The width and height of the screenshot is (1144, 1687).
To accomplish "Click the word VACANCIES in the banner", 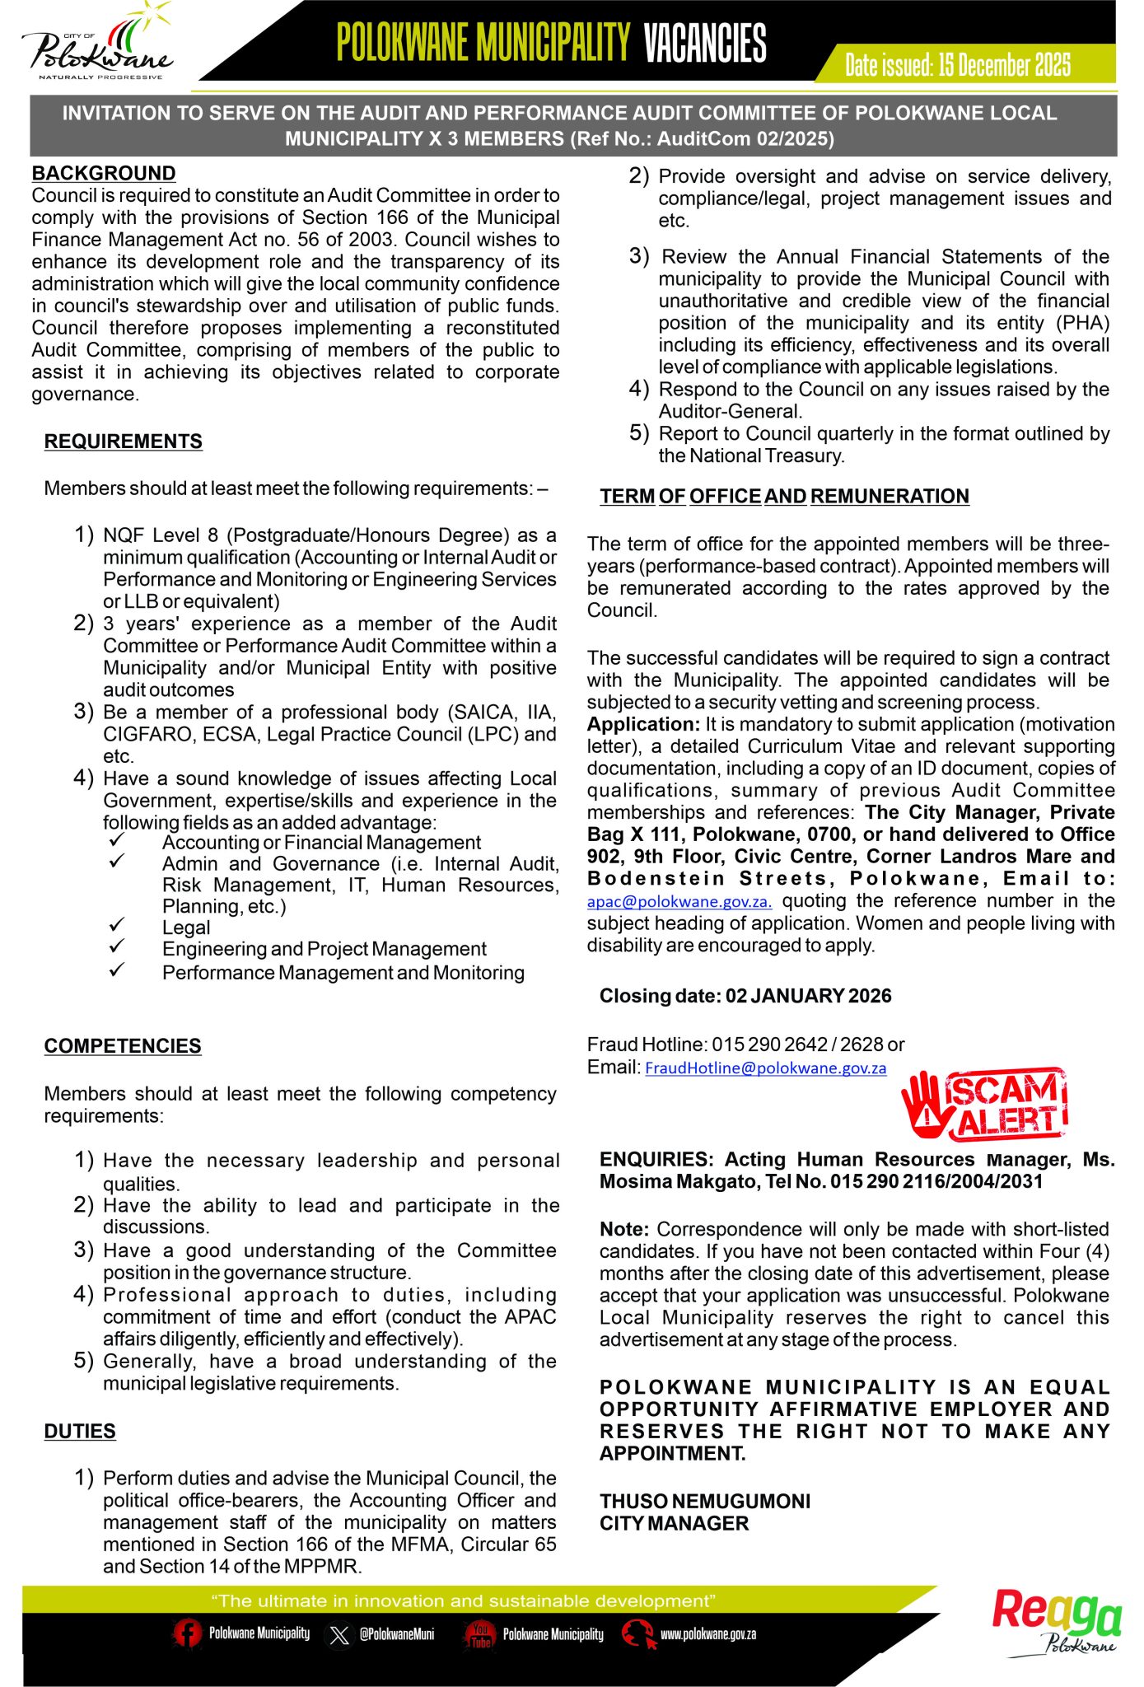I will [705, 43].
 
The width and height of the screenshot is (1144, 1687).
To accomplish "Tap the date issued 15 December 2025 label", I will [957, 65].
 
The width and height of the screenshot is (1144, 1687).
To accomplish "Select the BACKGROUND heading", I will [104, 173].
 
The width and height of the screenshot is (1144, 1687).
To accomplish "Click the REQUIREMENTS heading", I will [123, 442].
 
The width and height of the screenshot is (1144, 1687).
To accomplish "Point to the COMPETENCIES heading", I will [123, 1046].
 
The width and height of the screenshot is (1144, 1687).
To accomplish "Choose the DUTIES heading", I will [80, 1431].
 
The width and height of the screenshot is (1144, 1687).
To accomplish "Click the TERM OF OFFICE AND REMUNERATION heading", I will [784, 496].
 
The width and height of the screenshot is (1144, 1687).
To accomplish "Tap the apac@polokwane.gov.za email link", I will [679, 902].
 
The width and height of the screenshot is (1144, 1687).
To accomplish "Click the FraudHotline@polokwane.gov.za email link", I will [765, 1068].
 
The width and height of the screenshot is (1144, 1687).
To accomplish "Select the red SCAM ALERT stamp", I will [985, 1105].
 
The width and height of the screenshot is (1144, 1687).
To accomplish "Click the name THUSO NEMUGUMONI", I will [705, 1501].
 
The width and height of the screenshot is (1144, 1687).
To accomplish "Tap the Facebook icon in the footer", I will [187, 1633].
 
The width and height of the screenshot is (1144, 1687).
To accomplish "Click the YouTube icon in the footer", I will [480, 1633].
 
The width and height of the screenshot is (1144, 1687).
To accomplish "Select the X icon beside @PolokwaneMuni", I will [339, 1634].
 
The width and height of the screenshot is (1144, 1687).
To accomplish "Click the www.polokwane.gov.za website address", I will [708, 1634].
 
